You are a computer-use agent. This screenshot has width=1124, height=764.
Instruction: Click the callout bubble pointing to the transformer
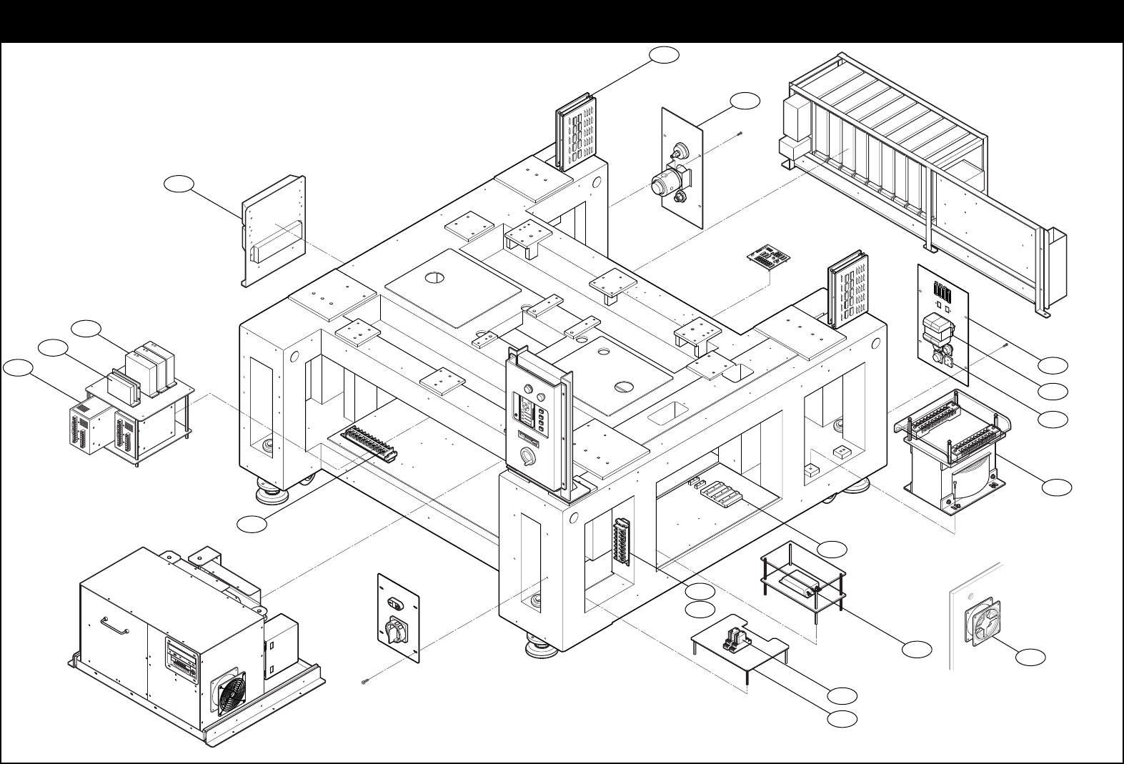click(x=1056, y=487)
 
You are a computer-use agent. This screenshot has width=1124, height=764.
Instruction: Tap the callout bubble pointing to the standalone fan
click(x=1030, y=656)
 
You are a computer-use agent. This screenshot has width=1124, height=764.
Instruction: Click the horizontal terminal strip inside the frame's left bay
click(x=369, y=444)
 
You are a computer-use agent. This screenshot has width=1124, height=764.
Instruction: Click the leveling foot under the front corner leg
click(x=537, y=646)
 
